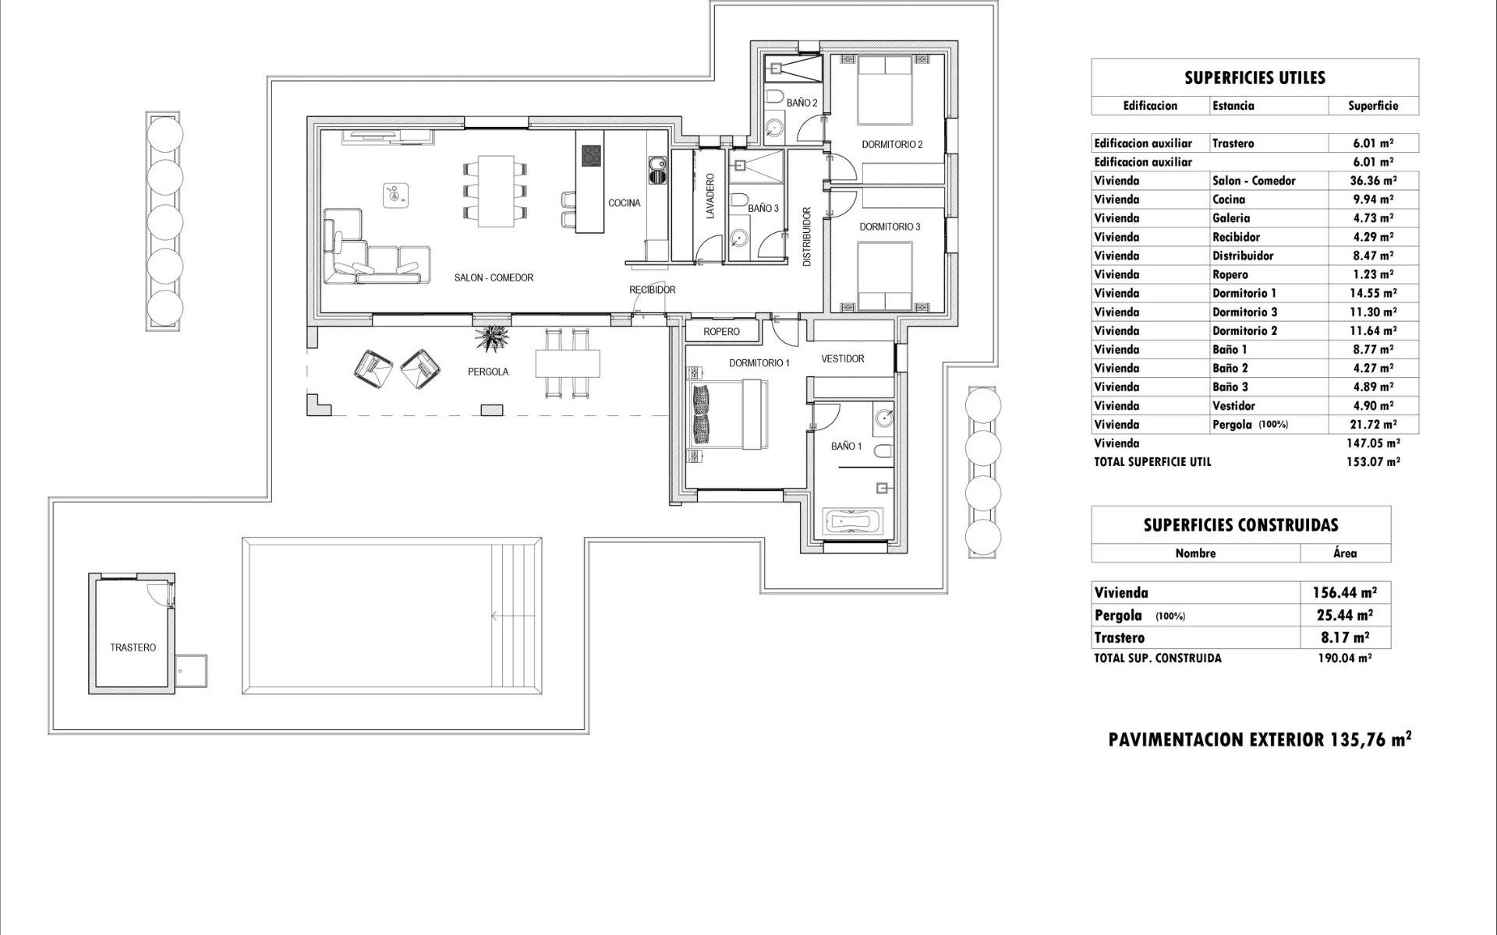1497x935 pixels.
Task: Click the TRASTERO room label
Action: click(133, 647)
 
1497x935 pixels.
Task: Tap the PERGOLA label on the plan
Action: click(488, 372)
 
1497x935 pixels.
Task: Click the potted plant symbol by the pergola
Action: click(493, 337)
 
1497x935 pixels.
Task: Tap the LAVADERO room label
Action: click(710, 196)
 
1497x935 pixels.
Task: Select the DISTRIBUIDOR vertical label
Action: click(807, 237)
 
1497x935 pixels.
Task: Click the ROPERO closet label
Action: click(721, 332)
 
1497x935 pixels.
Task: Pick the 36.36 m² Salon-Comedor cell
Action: click(1372, 181)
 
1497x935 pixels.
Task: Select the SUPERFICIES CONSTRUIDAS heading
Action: click(1240, 525)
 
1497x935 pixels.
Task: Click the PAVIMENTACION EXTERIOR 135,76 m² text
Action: click(1259, 739)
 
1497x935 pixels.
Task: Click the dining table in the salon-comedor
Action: click(494, 191)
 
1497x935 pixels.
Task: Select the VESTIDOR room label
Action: click(842, 359)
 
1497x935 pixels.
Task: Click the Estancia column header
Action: click(1233, 106)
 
